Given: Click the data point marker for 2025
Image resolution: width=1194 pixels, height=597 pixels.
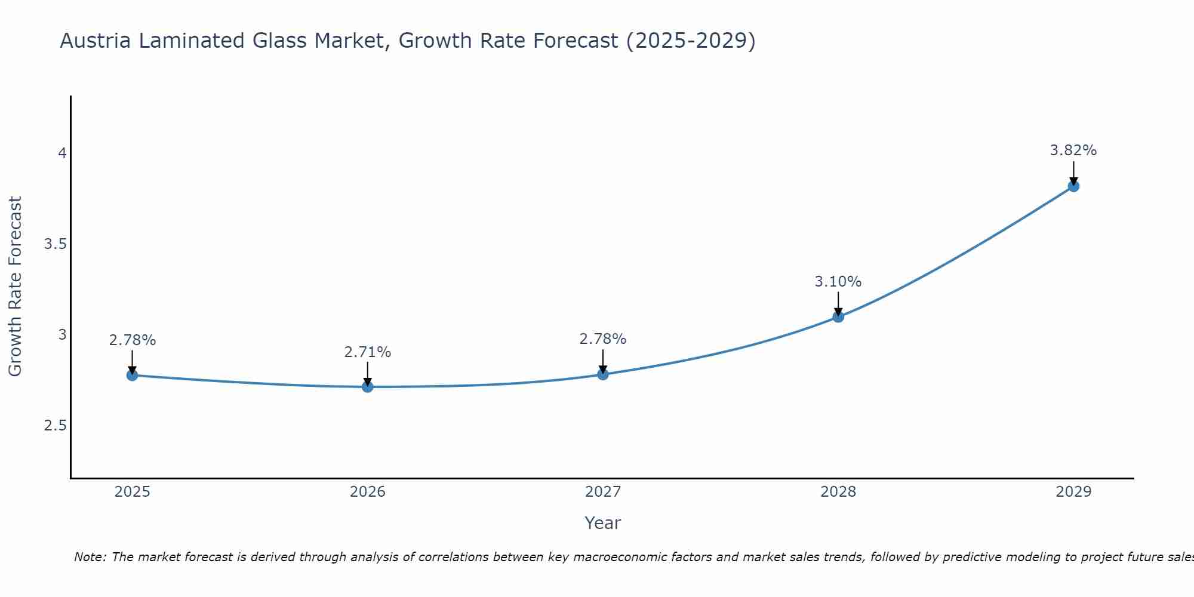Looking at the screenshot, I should tap(132, 375).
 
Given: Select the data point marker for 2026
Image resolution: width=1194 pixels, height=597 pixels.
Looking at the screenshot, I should tap(367, 387).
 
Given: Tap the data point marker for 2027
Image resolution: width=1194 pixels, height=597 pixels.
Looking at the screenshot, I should tap(602, 374).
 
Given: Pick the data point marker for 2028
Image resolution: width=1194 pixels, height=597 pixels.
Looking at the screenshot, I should tap(838, 316).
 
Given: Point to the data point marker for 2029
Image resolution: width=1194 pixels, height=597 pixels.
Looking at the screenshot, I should tap(1073, 186).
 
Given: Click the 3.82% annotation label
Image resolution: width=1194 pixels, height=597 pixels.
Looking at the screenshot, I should tap(1073, 150).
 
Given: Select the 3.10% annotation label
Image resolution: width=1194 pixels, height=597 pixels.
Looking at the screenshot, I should tap(838, 281).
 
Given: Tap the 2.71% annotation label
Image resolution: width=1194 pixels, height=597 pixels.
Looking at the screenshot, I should tap(367, 352).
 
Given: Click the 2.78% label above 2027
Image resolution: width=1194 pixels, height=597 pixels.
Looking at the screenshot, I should tap(602, 339).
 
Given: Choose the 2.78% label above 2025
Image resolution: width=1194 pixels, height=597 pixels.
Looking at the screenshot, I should tap(132, 340).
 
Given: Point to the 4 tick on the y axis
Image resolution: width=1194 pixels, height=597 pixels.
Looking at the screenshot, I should tap(61, 153).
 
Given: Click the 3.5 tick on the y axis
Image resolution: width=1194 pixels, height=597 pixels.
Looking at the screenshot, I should tap(55, 244).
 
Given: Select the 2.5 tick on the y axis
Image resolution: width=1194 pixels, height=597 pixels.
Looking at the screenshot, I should tap(55, 426).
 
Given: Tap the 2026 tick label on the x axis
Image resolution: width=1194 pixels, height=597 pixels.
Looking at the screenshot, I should tap(367, 492).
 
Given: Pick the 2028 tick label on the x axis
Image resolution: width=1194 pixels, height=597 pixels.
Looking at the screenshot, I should tap(838, 492).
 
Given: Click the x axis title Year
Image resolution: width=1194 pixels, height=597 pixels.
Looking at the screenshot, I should tap(602, 523).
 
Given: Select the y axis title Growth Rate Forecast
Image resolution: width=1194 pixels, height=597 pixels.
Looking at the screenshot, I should tap(15, 287).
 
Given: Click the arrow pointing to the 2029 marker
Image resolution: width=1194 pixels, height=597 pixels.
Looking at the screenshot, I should tap(1073, 173).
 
